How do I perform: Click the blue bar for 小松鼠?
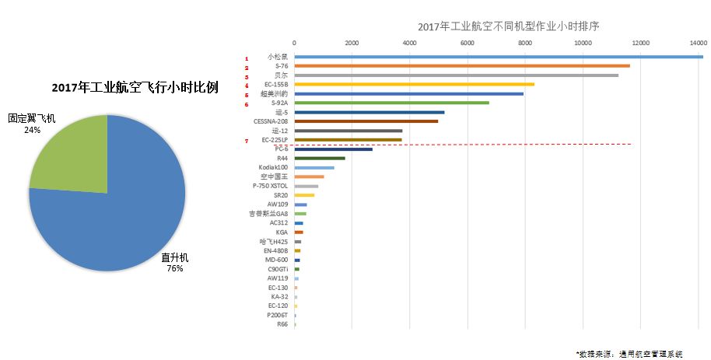(x=498, y=57)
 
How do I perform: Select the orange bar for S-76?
(x=462, y=66)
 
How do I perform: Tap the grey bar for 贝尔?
(x=456, y=75)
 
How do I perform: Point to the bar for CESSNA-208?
(x=366, y=121)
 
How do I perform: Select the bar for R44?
(x=319, y=158)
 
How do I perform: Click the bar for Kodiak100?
(x=313, y=167)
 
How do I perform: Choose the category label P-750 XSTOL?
(x=270, y=186)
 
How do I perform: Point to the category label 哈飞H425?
(x=274, y=241)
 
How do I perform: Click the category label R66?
(x=282, y=324)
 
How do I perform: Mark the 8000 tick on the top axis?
(x=525, y=43)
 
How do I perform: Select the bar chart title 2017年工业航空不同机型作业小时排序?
(x=497, y=26)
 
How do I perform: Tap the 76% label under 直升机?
(x=174, y=269)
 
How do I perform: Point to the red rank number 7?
(x=247, y=141)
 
